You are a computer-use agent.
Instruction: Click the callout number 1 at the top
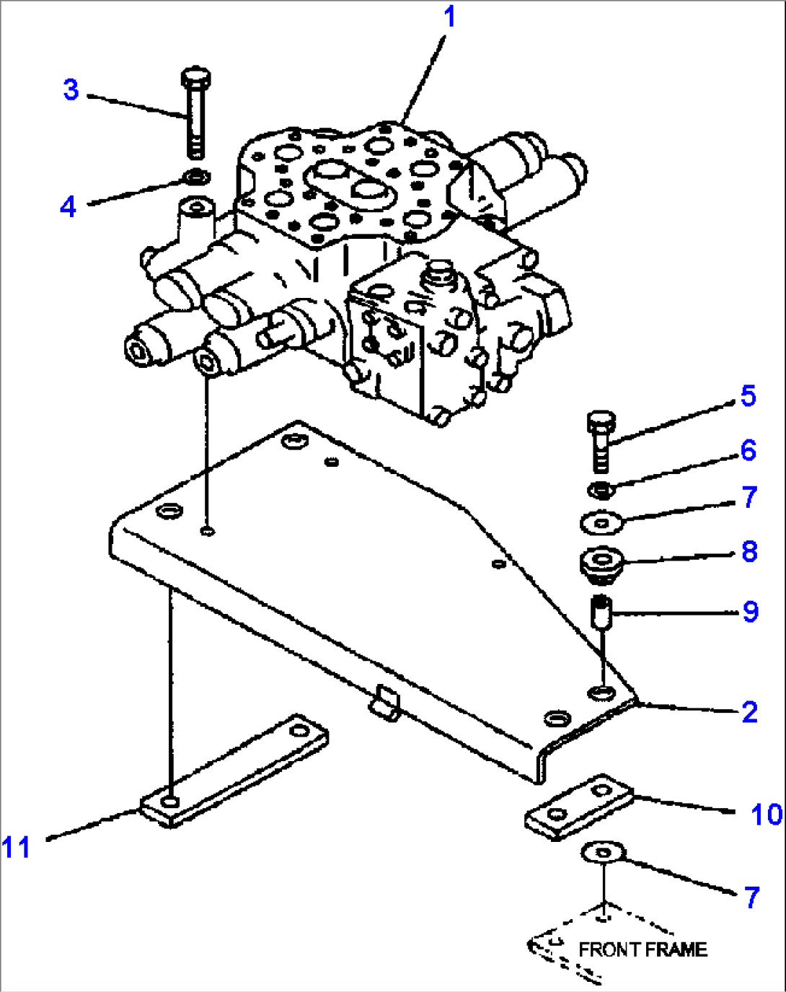pyautogui.click(x=449, y=17)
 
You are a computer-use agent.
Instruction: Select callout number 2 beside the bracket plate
pyautogui.click(x=749, y=712)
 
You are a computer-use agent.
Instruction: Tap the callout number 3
pyautogui.click(x=70, y=90)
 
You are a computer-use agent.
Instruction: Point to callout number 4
pyautogui.click(x=68, y=206)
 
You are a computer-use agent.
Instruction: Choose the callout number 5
pyautogui.click(x=748, y=396)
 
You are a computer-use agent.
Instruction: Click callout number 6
pyautogui.click(x=748, y=451)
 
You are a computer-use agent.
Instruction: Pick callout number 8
pyautogui.click(x=749, y=552)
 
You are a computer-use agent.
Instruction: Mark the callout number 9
pyautogui.click(x=750, y=612)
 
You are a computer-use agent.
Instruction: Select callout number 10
pyautogui.click(x=766, y=815)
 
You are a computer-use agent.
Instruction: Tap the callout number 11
pyautogui.click(x=16, y=847)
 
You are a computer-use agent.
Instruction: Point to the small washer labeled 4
pyautogui.click(x=195, y=175)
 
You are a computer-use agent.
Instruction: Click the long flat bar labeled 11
pyautogui.click(x=234, y=769)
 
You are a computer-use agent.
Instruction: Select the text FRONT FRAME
pyautogui.click(x=643, y=949)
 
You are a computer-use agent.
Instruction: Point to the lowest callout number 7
pyautogui.click(x=751, y=897)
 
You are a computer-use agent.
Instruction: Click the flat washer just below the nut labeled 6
pyautogui.click(x=601, y=522)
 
